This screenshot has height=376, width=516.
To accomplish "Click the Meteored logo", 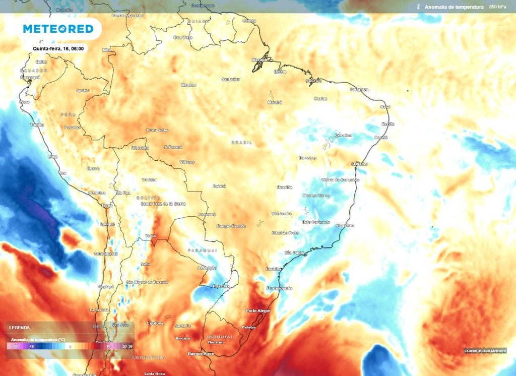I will (x=58, y=29).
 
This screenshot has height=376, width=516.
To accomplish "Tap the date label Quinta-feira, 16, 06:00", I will (x=58, y=48).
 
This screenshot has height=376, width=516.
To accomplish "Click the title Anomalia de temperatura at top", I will (x=454, y=7).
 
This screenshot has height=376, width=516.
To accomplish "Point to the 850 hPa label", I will (x=498, y=7).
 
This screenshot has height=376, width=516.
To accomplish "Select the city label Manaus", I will (x=188, y=85).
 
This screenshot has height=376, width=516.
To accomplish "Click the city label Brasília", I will (x=284, y=187).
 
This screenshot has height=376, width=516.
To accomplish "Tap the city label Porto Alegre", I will (x=258, y=311).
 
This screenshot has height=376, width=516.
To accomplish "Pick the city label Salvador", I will (x=360, y=164).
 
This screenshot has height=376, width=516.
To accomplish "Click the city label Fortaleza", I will (x=359, y=89).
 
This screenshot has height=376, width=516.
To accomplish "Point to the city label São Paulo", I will (x=294, y=252).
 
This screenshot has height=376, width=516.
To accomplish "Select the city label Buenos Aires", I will (x=201, y=353).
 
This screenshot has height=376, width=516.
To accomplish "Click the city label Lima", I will (x=52, y=156).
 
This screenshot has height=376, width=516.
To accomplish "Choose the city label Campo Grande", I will (x=231, y=226).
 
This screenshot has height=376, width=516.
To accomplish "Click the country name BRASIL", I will (x=241, y=143).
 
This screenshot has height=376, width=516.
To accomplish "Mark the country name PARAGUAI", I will (x=202, y=250).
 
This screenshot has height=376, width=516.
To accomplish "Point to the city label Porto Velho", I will (x=157, y=130).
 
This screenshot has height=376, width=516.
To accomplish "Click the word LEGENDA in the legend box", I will (x=20, y=328).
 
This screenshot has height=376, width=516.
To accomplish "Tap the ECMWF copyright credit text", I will (x=485, y=351).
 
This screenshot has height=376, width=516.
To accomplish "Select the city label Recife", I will (x=388, y=124).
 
